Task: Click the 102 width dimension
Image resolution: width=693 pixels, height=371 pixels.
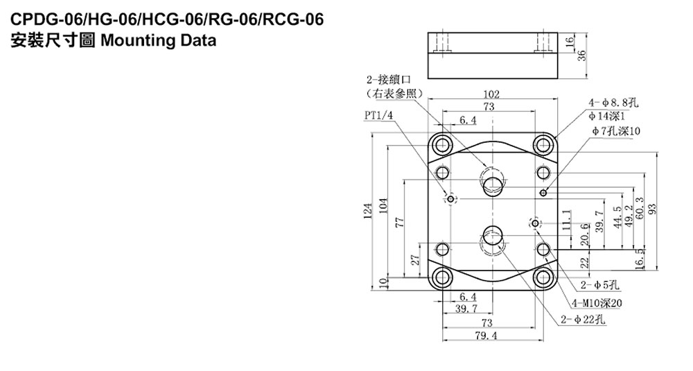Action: (492, 94)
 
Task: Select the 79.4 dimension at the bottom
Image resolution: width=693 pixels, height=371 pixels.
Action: (492, 336)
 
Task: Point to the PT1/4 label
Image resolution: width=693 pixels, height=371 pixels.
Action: (376, 114)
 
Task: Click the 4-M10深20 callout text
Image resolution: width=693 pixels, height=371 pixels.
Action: (597, 302)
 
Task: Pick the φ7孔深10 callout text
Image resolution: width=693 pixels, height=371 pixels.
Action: (617, 130)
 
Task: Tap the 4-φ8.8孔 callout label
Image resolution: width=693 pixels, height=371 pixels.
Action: (613, 103)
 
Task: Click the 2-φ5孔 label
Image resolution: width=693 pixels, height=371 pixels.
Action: (600, 284)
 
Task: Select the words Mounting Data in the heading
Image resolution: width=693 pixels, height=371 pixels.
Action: (159, 40)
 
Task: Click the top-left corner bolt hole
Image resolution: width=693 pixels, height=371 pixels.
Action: (441, 145)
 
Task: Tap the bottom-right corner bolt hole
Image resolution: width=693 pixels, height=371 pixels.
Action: (543, 279)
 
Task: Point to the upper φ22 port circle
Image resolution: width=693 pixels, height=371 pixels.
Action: (493, 184)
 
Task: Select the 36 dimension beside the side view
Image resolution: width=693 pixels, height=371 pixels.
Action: (581, 56)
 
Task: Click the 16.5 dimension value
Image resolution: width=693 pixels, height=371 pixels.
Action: (639, 259)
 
